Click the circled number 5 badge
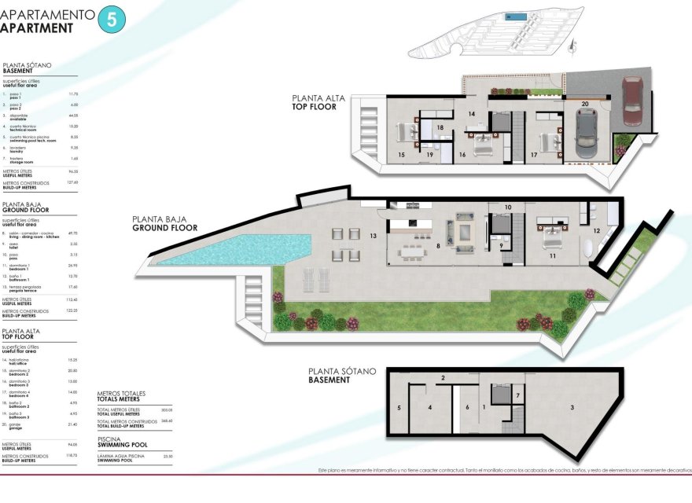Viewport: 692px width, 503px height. click(x=110, y=20)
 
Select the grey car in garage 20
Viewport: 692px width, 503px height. click(x=586, y=132)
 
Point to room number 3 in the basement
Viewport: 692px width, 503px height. click(x=572, y=407)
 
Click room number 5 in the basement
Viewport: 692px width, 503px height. click(x=399, y=408)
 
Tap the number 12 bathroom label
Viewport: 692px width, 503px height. click(x=597, y=231)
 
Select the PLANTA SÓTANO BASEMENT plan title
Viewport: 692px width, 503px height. click(x=342, y=375)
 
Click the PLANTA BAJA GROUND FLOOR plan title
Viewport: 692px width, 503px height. click(x=164, y=224)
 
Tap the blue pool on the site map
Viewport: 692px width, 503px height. click(x=515, y=16)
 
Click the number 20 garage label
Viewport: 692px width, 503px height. click(x=584, y=103)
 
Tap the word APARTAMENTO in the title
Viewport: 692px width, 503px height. click(x=47, y=14)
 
